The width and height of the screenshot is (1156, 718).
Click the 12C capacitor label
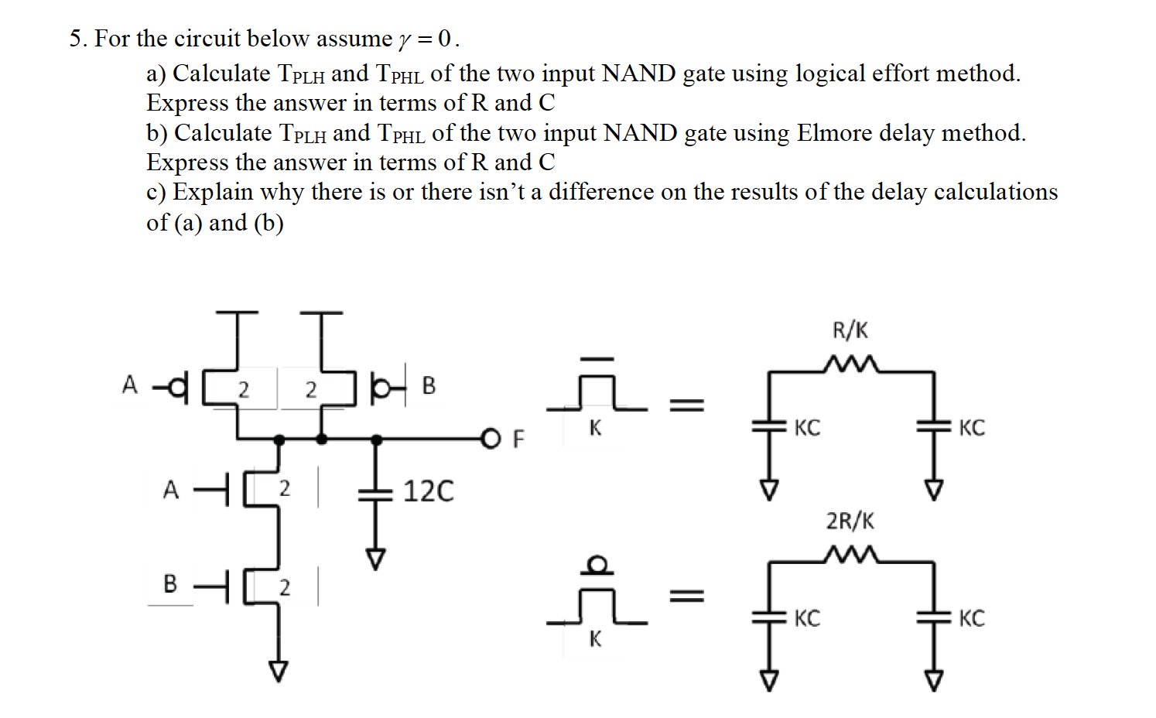click(x=428, y=491)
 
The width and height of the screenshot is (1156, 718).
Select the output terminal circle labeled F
click(x=491, y=439)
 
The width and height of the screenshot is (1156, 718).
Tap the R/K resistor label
click(x=850, y=330)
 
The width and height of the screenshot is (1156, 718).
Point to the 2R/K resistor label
click(x=850, y=521)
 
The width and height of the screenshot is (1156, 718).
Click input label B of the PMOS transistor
click(x=429, y=385)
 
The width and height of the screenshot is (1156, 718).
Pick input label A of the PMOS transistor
click(x=129, y=385)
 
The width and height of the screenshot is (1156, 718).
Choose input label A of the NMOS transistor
click(x=170, y=490)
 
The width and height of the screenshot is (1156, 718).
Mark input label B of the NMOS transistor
click(x=170, y=583)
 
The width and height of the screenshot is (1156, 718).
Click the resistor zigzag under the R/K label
click(x=850, y=363)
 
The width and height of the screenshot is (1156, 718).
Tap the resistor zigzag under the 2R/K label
click(x=850, y=553)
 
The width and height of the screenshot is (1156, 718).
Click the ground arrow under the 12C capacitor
click(x=375, y=559)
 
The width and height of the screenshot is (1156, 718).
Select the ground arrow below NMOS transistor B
click(x=279, y=671)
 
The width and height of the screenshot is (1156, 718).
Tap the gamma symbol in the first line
click(x=405, y=39)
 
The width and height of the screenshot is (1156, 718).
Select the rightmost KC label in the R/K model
click(x=971, y=428)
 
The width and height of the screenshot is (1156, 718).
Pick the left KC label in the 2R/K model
click(x=806, y=618)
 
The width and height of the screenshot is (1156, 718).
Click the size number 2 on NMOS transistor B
click(x=285, y=588)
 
